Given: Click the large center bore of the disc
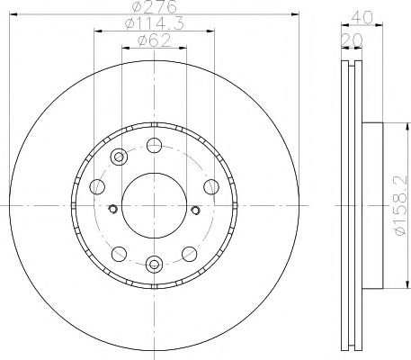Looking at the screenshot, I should tap(154, 204).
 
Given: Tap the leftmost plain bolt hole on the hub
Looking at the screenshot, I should tap(98, 186).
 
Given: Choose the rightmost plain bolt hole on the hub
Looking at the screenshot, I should tap(210, 186).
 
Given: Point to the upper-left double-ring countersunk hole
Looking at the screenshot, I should tap(119, 158).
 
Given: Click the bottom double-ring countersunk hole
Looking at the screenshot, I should tap(154, 264).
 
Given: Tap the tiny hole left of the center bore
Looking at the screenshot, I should tap(112, 210).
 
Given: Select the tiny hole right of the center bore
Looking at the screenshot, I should tap(197, 210).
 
